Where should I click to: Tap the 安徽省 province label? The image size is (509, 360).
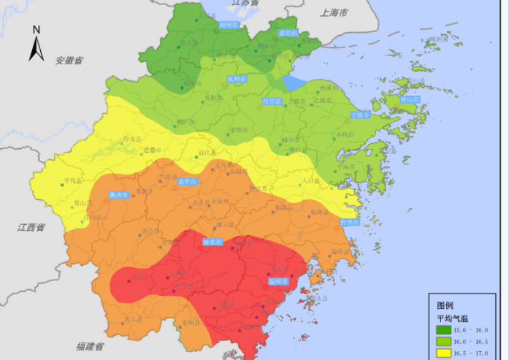click(x=69, y=60)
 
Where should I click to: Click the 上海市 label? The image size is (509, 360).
click(x=334, y=13)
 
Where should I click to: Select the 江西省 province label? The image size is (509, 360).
click(x=31, y=228)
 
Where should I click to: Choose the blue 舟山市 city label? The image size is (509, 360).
click(x=411, y=99)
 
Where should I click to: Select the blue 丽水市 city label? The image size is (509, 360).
click(x=213, y=242)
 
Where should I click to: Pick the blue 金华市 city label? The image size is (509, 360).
click(x=188, y=181)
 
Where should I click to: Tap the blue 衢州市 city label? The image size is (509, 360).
click(x=118, y=195)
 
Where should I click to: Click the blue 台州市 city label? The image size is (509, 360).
click(x=351, y=221)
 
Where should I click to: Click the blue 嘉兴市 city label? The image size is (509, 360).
click(x=289, y=33)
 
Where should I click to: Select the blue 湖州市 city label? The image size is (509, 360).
click(x=230, y=24)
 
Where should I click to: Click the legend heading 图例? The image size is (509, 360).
click(x=445, y=305)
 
